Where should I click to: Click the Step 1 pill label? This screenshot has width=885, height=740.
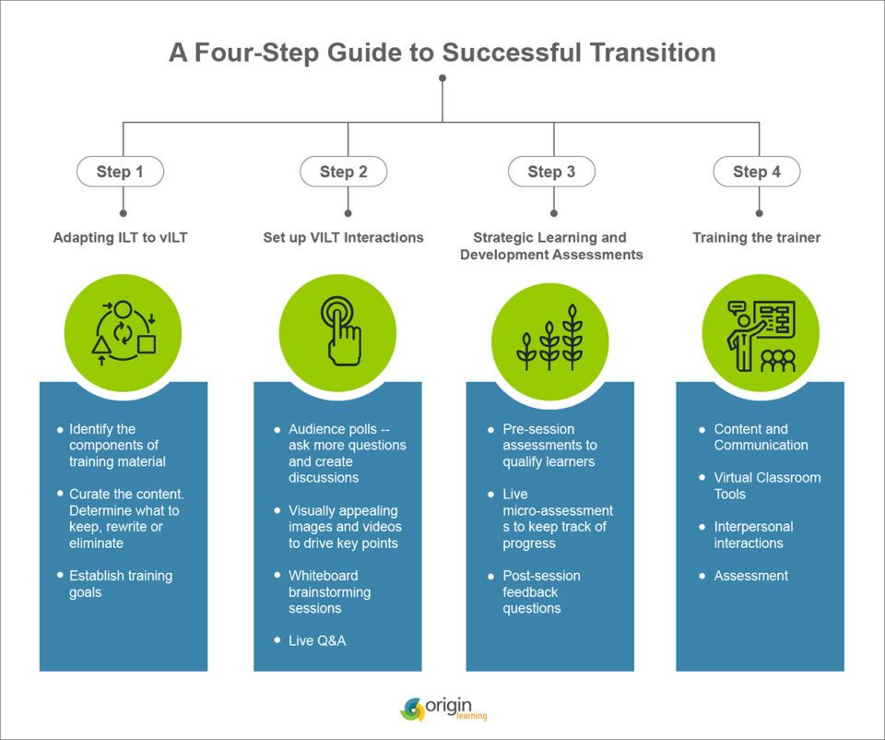click(121, 172)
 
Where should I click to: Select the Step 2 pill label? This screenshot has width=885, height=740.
click(344, 172)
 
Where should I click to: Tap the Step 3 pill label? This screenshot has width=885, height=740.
click(551, 172)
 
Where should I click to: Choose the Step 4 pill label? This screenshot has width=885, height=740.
click(757, 172)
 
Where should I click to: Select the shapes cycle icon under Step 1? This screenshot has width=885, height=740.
click(123, 329)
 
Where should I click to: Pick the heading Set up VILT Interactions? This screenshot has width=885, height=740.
click(343, 237)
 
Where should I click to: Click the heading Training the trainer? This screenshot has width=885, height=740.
click(756, 237)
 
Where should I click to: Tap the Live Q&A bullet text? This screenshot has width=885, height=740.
click(317, 640)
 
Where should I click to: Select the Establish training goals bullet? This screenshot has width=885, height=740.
click(121, 584)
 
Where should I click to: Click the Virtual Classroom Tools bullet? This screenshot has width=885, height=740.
click(767, 485)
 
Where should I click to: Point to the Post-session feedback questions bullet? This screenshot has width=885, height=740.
click(543, 591)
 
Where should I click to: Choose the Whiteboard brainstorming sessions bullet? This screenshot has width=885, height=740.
click(329, 591)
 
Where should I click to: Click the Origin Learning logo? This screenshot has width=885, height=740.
click(443, 709)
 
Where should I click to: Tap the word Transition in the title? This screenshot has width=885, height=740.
click(643, 53)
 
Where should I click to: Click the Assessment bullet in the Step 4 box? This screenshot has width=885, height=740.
click(750, 576)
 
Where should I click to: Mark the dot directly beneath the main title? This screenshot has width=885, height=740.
click(442, 78)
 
